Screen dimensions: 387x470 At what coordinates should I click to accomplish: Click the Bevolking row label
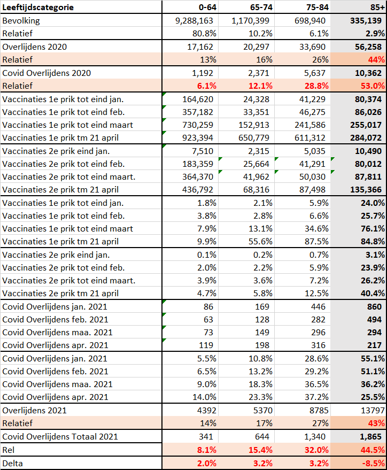(21, 21)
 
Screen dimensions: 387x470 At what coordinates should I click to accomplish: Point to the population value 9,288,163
(194, 21)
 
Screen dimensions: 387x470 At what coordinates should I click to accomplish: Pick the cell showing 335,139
(366, 21)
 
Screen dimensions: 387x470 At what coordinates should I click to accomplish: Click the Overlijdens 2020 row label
(34, 47)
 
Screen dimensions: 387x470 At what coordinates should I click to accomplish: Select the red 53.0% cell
(373, 86)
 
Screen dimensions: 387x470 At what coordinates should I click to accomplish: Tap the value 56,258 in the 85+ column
(368, 47)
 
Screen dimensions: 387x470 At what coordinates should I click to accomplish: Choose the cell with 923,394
(198, 137)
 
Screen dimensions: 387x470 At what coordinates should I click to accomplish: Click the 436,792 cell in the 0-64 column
(198, 189)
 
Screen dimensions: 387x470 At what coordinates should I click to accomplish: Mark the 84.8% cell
(373, 241)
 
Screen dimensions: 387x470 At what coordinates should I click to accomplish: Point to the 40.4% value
(373, 293)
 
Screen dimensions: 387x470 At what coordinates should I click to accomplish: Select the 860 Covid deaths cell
(374, 306)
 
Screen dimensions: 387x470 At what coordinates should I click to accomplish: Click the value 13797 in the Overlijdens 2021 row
(373, 410)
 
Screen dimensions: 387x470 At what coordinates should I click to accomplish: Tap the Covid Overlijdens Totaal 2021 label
(60, 436)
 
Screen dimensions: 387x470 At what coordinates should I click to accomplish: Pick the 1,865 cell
(370, 437)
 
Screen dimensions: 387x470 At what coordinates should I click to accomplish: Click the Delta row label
(12, 464)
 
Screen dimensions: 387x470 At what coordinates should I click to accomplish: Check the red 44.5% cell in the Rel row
(373, 450)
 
